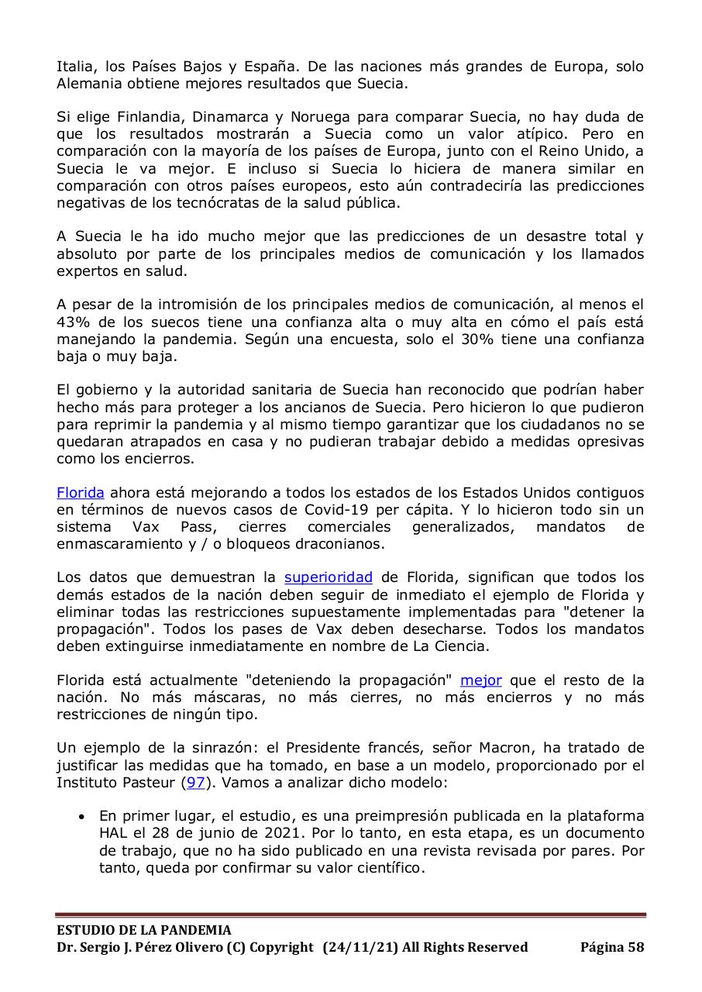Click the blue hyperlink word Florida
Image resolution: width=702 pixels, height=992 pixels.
point(81,493)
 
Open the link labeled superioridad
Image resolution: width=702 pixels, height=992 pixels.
point(329,577)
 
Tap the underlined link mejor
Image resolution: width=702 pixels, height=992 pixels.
point(480,680)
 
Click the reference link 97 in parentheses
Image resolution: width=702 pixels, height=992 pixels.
point(194,782)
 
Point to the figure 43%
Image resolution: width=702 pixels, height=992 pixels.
point(76,322)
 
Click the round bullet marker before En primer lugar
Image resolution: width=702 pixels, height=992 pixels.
point(82,817)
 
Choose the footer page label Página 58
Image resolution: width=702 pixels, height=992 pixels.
point(611,947)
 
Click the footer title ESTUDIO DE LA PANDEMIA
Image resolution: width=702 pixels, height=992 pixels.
point(143,930)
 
